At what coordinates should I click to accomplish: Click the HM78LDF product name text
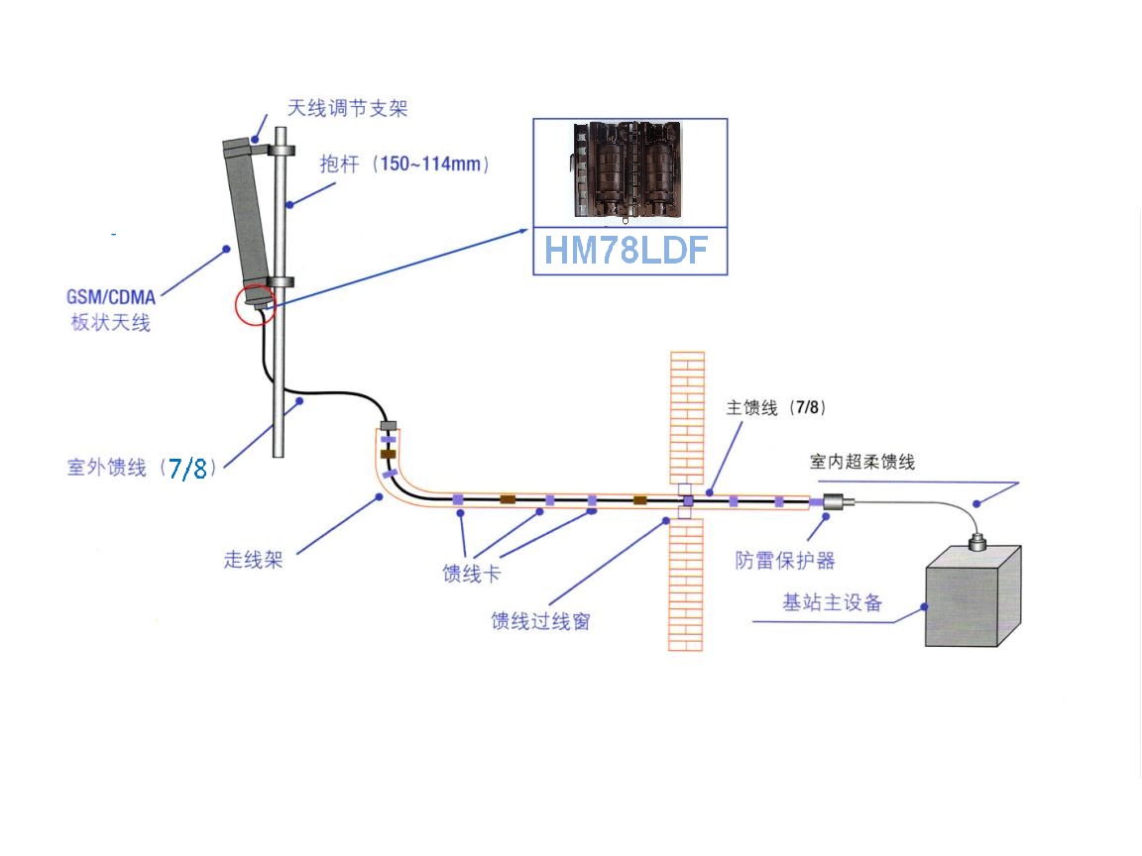pos(626,251)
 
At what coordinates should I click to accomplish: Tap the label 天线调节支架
pos(347,108)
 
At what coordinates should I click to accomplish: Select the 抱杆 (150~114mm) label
pos(404,163)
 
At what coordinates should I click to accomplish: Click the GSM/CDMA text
pos(111,297)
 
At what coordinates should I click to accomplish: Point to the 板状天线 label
pos(111,322)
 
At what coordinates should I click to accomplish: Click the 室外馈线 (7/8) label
pos(142,468)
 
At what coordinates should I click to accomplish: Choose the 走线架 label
pos(254,559)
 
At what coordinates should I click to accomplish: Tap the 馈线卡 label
pos(472,574)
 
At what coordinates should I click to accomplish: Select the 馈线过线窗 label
pos(540,621)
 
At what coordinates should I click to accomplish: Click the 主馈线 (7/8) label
pos(775,407)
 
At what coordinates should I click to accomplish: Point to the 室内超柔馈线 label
pos(862,462)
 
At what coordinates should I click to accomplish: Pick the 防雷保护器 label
pos(785,561)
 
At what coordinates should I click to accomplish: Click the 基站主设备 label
pos(833,602)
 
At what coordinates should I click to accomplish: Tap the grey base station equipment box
pos(973,595)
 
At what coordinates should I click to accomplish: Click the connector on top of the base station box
pos(977,542)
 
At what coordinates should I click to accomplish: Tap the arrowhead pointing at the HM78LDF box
pos(523,232)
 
